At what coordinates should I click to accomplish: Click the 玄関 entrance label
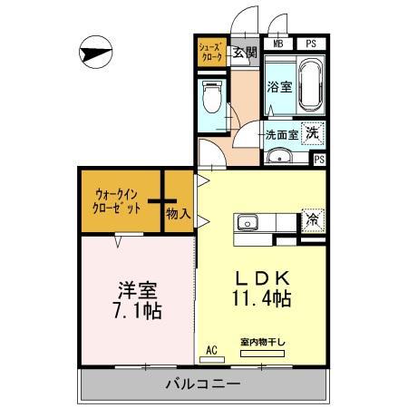point(244,52)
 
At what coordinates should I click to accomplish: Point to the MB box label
point(278,44)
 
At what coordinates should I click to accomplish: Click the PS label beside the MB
point(310,44)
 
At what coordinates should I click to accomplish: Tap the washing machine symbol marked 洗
point(311,132)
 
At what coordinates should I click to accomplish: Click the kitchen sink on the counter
point(248,223)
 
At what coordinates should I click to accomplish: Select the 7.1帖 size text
point(138,312)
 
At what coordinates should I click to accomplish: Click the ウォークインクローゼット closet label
point(118,200)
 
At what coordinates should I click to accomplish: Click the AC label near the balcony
point(212,349)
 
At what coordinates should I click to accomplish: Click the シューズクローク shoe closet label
point(211,50)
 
